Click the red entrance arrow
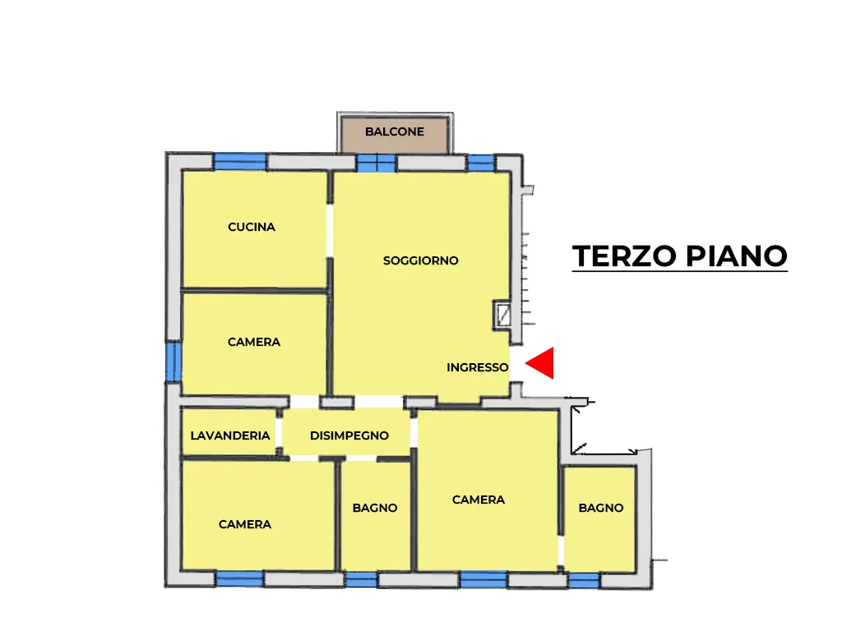539,363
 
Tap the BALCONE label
395,131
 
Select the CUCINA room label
252,227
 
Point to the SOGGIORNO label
420,260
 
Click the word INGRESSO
478,367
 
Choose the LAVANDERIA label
230,435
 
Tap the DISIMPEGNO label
349,435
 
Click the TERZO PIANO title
680,256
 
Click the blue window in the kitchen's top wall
240,162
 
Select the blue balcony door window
377,164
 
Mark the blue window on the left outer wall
173,362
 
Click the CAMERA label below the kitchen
254,343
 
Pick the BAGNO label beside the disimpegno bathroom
375,508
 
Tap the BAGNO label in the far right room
601,508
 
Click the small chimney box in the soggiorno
502,315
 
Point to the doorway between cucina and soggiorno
330,231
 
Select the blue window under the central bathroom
362,579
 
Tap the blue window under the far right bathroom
585,581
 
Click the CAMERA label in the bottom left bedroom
245,525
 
